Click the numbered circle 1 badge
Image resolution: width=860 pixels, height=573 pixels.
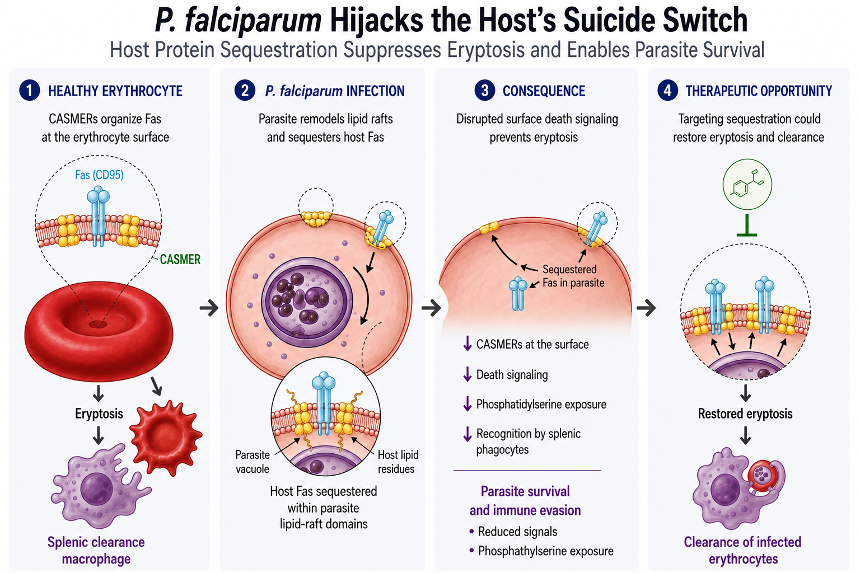tap(30, 91)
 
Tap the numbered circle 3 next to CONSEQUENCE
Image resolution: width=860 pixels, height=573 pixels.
tap(484, 91)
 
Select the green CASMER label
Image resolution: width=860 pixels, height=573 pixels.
tap(180, 260)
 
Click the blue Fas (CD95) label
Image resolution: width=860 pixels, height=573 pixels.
tap(100, 175)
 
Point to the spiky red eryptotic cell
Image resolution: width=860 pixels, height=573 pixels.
tap(166, 438)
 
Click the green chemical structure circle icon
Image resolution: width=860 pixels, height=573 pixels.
tap(747, 184)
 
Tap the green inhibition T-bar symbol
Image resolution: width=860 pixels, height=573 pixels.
tap(747, 226)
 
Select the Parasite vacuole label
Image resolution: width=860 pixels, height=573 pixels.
tap(253, 462)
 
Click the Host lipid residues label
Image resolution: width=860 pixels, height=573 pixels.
tap(398, 462)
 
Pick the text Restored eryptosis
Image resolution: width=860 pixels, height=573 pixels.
tap(745, 414)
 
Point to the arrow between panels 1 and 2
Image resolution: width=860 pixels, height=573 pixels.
tap(209, 307)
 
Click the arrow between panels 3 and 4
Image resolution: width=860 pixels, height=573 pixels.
tap(646, 307)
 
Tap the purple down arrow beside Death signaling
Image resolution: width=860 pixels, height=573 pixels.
tap(468, 374)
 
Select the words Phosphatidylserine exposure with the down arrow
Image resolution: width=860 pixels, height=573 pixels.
tap(535, 404)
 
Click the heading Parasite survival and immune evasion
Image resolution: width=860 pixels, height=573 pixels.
tap(525, 501)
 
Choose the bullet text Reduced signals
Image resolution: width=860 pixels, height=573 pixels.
tap(517, 532)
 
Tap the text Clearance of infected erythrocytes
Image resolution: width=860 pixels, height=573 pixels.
tap(742, 551)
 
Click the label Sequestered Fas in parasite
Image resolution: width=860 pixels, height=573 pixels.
tap(573, 276)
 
